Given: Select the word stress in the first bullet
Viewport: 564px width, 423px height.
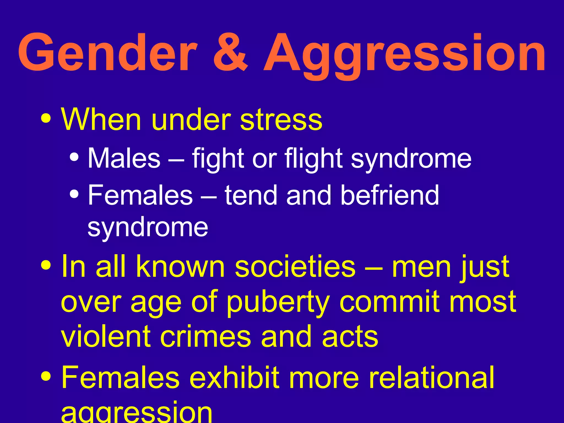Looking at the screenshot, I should (281, 120).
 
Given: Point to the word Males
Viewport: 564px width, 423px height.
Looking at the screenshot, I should (124, 158).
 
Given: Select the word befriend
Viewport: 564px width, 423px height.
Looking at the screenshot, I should (390, 195).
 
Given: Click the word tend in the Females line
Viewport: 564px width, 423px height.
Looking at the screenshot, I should (251, 195).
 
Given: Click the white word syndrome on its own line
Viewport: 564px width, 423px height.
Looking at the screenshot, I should (148, 227).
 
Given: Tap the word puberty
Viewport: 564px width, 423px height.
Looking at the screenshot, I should (278, 303).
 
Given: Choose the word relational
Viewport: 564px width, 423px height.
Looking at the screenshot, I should (431, 377).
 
